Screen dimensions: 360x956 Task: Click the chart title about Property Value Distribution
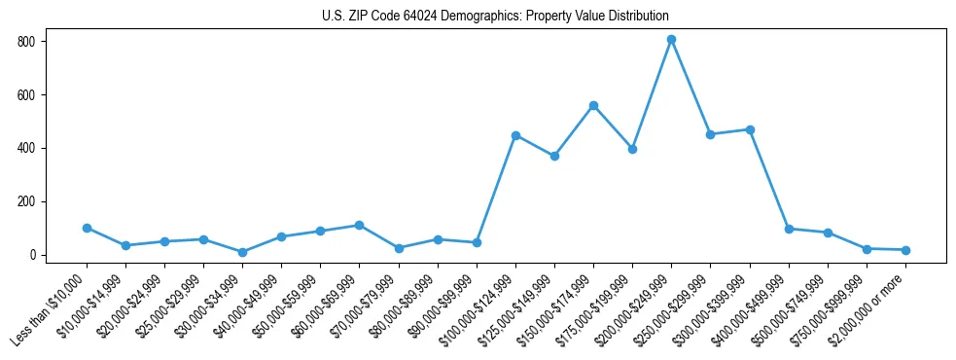click(x=495, y=17)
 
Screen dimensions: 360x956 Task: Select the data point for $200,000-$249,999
click(x=671, y=40)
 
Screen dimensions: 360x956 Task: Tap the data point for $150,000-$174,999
click(x=593, y=105)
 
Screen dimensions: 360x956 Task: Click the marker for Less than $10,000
click(x=87, y=228)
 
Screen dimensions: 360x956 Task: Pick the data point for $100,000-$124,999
click(x=515, y=135)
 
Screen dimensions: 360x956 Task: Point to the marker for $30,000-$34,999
click(x=242, y=252)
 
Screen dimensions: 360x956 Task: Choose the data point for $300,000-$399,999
click(x=750, y=129)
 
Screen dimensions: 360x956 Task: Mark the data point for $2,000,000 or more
click(x=905, y=250)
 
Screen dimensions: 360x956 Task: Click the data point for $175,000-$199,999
click(x=632, y=149)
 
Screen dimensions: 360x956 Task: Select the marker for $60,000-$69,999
click(x=359, y=225)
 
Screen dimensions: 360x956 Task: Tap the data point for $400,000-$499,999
click(x=789, y=229)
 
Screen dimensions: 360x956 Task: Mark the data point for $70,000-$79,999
click(x=399, y=248)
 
